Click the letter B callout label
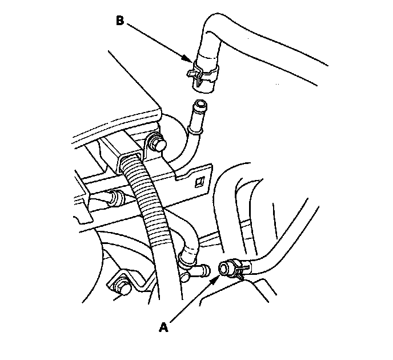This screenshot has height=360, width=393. pos(120,21)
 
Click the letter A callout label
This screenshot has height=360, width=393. pos(164,327)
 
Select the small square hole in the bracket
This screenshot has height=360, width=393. pos(200,182)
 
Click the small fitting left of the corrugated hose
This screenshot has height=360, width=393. pos(115,198)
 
